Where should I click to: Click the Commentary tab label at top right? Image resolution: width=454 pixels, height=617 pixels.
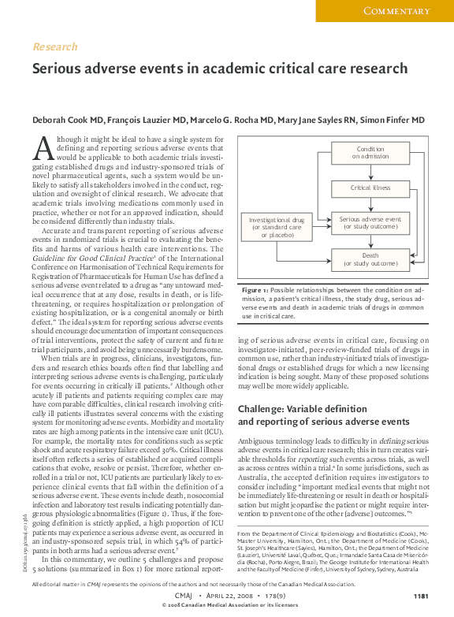click(x=396, y=10)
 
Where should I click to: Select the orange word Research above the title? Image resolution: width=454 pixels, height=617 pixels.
click(x=54, y=47)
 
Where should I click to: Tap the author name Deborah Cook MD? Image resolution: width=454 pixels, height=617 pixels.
click(x=67, y=121)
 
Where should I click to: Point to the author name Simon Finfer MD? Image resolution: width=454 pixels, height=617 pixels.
click(x=393, y=121)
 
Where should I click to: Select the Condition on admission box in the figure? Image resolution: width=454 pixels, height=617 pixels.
click(x=370, y=153)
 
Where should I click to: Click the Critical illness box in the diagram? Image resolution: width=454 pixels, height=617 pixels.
click(x=370, y=188)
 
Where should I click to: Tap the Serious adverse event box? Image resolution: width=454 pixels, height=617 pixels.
click(x=370, y=223)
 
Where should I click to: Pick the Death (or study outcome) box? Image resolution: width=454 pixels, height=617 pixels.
click(x=370, y=259)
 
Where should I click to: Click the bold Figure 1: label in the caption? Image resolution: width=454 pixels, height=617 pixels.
click(x=255, y=291)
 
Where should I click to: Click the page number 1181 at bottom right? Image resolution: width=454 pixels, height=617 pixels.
click(x=421, y=595)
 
